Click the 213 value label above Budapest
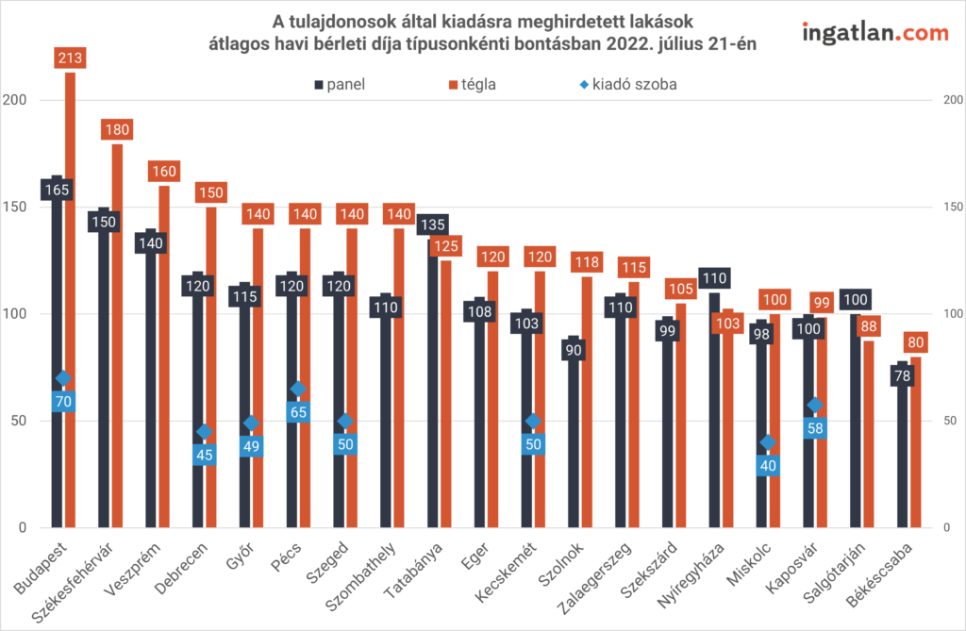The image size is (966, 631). [71, 58]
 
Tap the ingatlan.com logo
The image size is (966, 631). [874, 33]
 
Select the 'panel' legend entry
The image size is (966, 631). [341, 84]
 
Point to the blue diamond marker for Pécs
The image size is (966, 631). [298, 389]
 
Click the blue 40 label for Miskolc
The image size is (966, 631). [768, 465]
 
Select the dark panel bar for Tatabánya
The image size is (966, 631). [433, 377]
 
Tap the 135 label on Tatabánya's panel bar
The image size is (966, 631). [433, 225]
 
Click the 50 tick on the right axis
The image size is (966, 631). [948, 421]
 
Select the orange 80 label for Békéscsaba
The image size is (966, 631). [915, 342]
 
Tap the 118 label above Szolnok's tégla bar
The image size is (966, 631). [587, 263]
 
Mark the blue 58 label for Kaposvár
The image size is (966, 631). [815, 428]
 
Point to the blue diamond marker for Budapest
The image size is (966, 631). [64, 378]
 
